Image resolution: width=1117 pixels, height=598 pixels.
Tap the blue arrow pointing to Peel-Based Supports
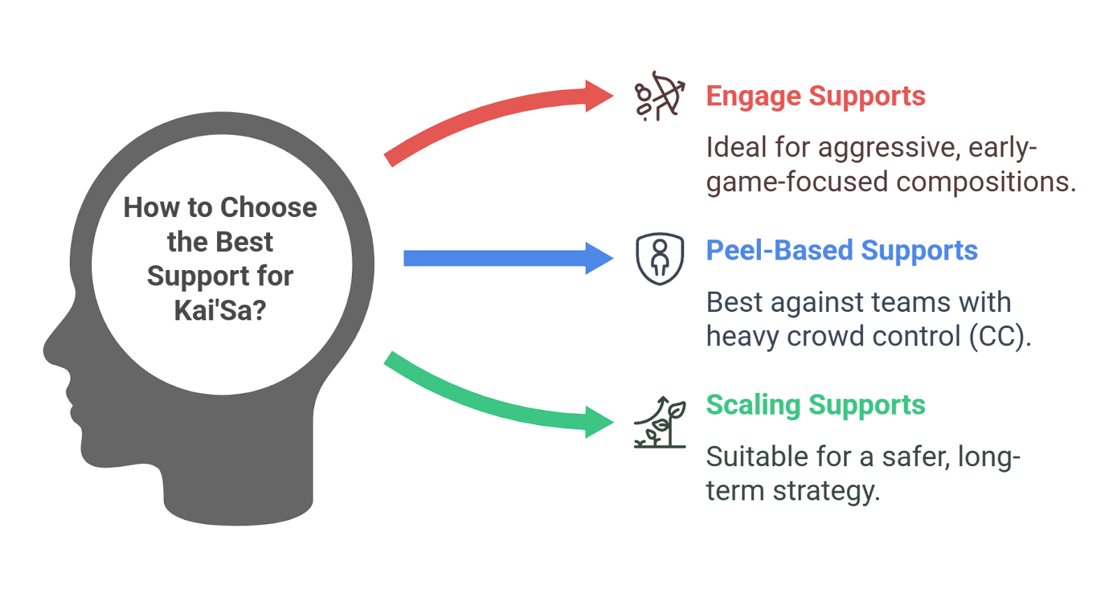pyautogui.click(x=509, y=258)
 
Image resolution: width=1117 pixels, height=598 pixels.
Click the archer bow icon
pyautogui.click(x=660, y=96)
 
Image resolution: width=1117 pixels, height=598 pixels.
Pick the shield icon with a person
pyautogui.click(x=660, y=259)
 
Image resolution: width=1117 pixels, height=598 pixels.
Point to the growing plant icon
pyautogui.click(x=660, y=422)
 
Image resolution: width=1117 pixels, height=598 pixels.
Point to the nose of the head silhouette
pyautogui.click(x=52, y=349)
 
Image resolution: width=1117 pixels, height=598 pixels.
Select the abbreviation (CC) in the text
pyautogui.click(x=999, y=336)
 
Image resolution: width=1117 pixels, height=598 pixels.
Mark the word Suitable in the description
pyautogui.click(x=751, y=457)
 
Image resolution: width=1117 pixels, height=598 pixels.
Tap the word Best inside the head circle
pyautogui.click(x=244, y=241)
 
